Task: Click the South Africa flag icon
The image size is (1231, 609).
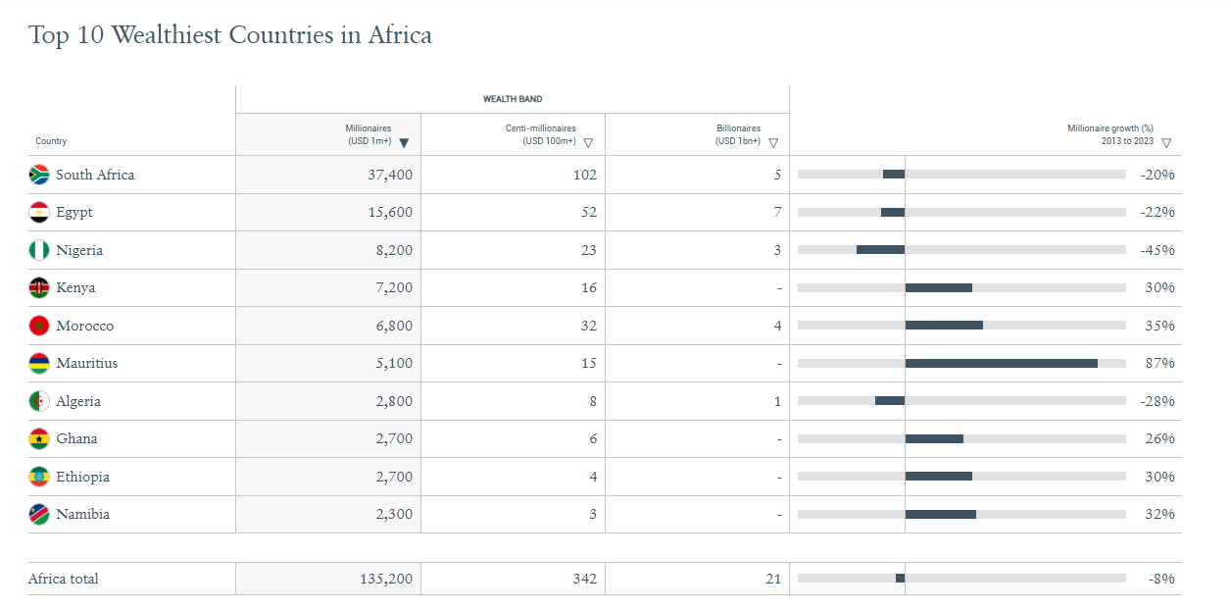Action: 39,175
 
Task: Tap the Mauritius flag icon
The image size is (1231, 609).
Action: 39,363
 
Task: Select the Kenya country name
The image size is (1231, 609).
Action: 75,287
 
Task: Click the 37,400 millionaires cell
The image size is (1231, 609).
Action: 388,175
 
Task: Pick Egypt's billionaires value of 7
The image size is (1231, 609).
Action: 777,212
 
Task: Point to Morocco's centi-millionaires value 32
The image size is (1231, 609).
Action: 588,326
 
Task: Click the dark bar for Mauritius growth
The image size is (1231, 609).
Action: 1001,363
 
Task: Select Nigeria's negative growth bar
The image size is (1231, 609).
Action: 880,250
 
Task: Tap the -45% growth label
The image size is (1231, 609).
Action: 1157,250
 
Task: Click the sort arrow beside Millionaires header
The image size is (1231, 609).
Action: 404,143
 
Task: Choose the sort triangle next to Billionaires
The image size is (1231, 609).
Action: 773,143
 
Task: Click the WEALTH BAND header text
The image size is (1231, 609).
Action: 513,99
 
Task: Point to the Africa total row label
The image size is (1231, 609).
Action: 64,579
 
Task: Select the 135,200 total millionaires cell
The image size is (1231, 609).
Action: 386,579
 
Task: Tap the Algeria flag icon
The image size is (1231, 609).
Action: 39,401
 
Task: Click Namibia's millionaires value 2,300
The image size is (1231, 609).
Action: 394,514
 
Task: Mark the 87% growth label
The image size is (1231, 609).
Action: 1159,363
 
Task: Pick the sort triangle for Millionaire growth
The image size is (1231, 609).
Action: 1166,143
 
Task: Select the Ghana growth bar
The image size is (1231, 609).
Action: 934,438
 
